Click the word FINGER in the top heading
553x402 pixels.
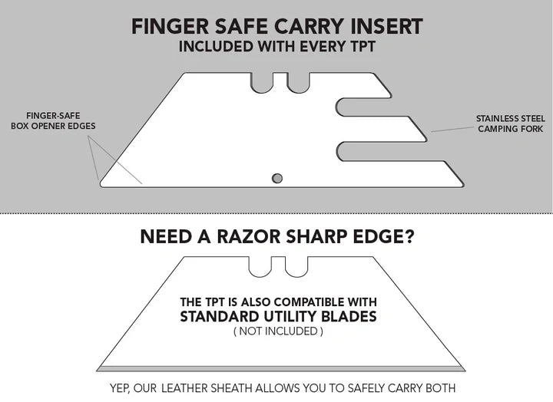pyautogui.click(x=167, y=26)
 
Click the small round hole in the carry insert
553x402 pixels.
pyautogui.click(x=277, y=178)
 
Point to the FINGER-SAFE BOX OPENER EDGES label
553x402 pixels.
pyautogui.click(x=54, y=120)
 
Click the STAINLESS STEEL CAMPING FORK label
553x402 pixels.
pyautogui.click(x=510, y=124)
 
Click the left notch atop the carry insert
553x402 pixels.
pyautogui.click(x=262, y=83)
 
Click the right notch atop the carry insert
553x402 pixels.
pyautogui.click(x=298, y=83)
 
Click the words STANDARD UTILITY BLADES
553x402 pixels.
pyautogui.click(x=278, y=316)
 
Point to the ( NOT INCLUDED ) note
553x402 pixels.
pyautogui.click(x=278, y=331)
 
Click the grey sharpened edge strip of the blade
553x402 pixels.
pyautogui.click(x=281, y=367)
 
